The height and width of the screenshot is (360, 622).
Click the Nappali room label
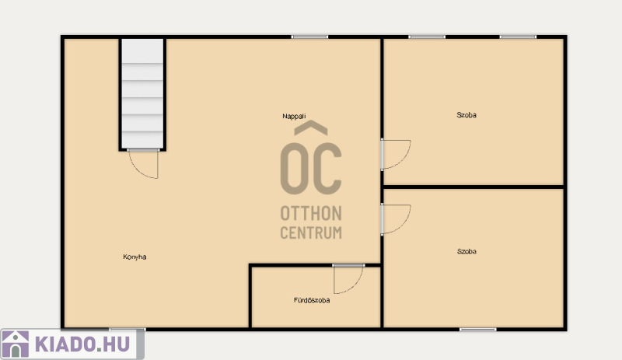[x=294, y=117]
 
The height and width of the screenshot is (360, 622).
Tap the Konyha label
[x=135, y=257]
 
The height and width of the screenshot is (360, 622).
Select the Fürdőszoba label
[x=312, y=300]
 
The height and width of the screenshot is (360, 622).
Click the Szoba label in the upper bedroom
[x=466, y=115]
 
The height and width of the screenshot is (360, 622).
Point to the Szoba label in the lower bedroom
[x=466, y=251]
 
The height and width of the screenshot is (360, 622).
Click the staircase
[x=142, y=93]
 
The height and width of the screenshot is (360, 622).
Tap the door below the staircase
[x=143, y=164]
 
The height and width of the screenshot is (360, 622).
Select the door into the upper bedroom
[x=396, y=155]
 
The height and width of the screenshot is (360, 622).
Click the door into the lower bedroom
[x=396, y=219]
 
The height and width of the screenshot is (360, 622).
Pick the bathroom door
[x=348, y=279]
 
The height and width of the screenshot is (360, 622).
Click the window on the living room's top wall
[x=309, y=37]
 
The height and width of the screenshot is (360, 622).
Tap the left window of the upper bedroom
[x=427, y=37]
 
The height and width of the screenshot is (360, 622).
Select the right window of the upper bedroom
[x=518, y=37]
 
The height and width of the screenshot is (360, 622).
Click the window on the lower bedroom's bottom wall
[x=478, y=330]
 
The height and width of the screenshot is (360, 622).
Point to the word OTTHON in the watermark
[x=311, y=214]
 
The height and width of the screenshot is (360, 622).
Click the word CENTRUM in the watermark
[x=311, y=232]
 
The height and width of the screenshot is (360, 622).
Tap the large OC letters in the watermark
[x=311, y=169]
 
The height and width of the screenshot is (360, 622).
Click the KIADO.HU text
[x=82, y=344]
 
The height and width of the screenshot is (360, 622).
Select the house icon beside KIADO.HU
[x=16, y=344]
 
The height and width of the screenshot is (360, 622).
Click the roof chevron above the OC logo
[x=311, y=128]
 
